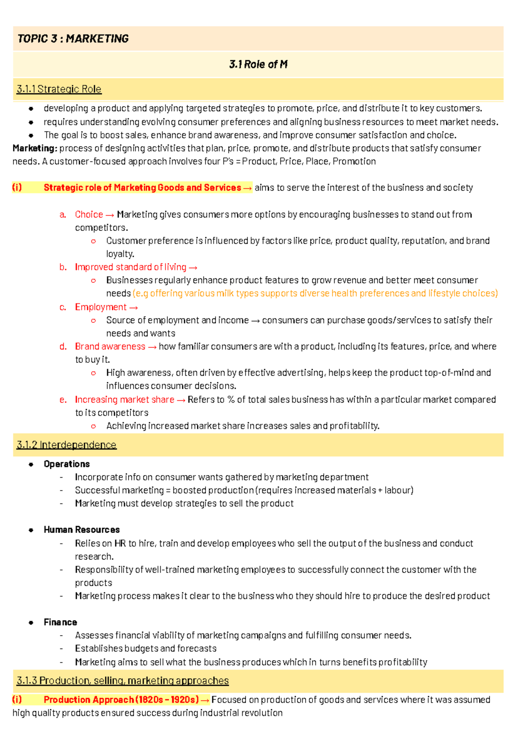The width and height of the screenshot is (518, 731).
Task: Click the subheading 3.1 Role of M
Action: point(258,65)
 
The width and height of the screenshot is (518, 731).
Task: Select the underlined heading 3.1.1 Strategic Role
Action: point(59,89)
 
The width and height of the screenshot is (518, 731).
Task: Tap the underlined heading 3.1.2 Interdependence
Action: point(66,445)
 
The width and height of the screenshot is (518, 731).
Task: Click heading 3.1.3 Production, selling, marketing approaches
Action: point(123,681)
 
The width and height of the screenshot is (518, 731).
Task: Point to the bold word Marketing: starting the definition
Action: point(35,148)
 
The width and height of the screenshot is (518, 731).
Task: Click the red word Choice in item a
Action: point(89,214)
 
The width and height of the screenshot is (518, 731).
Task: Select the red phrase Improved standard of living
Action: point(130,267)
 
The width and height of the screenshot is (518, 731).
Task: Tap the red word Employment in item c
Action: point(101,307)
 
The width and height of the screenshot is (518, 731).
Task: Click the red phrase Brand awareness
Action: point(110,347)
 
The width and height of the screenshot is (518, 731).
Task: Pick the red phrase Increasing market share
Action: point(124,400)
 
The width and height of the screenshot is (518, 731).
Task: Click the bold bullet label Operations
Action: point(66,464)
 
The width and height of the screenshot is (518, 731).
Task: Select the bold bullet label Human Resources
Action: point(82,529)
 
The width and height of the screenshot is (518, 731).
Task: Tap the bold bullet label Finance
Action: point(60,622)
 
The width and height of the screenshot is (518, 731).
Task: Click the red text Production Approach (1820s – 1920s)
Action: point(121,699)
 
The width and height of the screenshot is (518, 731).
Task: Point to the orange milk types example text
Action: point(315,293)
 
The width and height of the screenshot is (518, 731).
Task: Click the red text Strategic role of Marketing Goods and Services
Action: point(142,188)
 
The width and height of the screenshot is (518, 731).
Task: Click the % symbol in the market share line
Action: point(231,400)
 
